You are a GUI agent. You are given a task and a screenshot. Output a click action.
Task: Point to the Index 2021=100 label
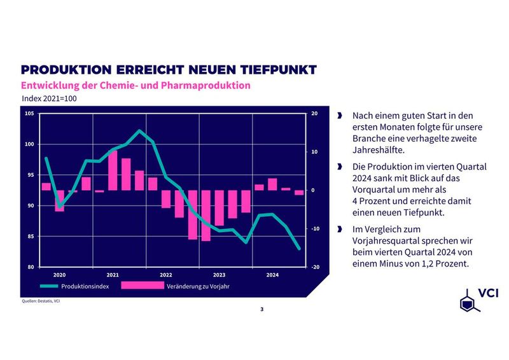pos(50,99)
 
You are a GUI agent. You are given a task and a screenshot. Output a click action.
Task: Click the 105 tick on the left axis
pos(29,114)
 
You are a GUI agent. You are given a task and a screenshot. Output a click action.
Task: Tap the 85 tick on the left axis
pos(29,237)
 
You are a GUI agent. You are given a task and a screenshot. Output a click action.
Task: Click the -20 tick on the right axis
pos(314,267)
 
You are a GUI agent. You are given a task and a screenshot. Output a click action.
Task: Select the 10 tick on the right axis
pos(314,152)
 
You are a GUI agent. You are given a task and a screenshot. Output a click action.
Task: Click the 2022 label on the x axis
pos(166,275)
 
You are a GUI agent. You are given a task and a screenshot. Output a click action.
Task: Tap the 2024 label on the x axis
pos(272,275)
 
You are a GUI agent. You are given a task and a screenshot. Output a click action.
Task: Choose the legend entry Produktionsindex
pos(90,287)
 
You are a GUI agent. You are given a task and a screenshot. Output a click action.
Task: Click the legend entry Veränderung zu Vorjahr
pos(197,287)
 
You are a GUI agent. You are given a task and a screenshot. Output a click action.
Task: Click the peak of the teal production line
pos(139,131)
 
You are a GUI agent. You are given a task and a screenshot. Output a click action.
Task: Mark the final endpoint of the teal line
pos(299,249)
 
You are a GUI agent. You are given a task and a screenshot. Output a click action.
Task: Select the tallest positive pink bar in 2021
pos(113,170)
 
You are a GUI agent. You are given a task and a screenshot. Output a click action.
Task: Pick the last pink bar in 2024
pos(299,193)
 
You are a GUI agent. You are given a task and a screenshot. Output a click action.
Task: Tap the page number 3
pos(261,309)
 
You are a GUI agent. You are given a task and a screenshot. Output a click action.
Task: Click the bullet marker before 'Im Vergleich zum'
pos(340,229)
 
